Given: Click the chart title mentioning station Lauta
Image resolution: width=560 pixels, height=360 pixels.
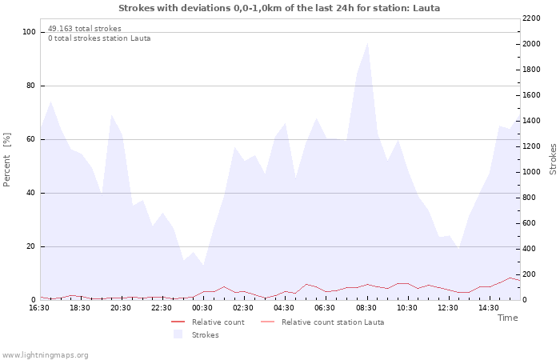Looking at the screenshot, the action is click(279, 8).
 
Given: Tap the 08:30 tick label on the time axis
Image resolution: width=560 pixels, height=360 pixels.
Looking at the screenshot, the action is click(366, 307).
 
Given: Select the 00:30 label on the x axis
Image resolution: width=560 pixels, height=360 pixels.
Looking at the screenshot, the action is click(202, 307).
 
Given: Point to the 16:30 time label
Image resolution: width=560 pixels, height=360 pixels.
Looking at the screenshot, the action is click(39, 307).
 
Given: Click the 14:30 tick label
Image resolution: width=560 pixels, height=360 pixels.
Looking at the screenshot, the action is click(489, 307).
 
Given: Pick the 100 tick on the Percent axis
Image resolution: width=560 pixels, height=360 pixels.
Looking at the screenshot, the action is click(29, 32).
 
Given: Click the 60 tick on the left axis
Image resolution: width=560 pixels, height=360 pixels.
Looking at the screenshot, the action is click(31, 139).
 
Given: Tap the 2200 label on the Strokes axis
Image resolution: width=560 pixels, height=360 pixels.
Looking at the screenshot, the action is click(531, 18).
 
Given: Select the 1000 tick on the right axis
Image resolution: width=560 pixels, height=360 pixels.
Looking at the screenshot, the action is click(531, 172).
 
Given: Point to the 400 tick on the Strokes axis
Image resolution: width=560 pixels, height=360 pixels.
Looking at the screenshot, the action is click(529, 249).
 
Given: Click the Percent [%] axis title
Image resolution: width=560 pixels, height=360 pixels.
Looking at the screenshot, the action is click(6, 160).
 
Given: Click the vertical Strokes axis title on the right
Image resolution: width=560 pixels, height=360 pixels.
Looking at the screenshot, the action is click(553, 159).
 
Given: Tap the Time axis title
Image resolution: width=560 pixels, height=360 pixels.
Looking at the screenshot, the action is click(507, 318).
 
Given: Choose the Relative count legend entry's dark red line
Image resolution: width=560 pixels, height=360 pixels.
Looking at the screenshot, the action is click(178, 322).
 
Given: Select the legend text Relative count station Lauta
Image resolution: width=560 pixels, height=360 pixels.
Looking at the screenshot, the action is click(333, 322).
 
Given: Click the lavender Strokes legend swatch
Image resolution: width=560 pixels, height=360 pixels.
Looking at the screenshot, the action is click(178, 334).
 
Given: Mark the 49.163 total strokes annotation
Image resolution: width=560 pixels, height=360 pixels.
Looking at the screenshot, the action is click(85, 29).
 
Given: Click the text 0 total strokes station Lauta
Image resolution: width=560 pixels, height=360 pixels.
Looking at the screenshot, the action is click(99, 38).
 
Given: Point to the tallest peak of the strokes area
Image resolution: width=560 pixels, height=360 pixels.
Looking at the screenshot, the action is click(367, 43).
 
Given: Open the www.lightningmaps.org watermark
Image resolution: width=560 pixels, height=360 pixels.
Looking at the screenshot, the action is click(45, 355).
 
